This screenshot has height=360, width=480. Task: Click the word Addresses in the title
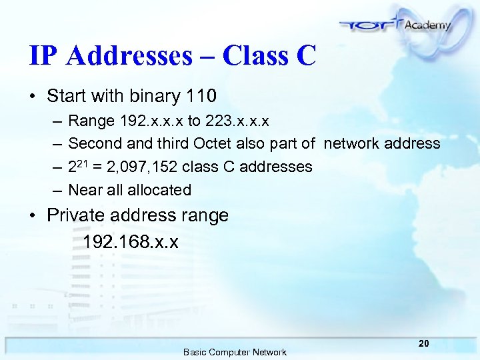click(x=129, y=56)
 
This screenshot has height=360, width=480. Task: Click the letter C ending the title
click(x=305, y=56)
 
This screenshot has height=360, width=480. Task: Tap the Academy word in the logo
click(x=427, y=25)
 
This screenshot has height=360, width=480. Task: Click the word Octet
click(x=213, y=143)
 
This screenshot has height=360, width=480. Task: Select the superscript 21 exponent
click(x=83, y=162)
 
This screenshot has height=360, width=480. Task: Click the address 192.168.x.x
click(x=131, y=241)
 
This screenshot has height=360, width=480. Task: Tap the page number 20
click(x=423, y=344)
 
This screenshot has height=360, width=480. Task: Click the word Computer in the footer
click(x=233, y=352)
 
